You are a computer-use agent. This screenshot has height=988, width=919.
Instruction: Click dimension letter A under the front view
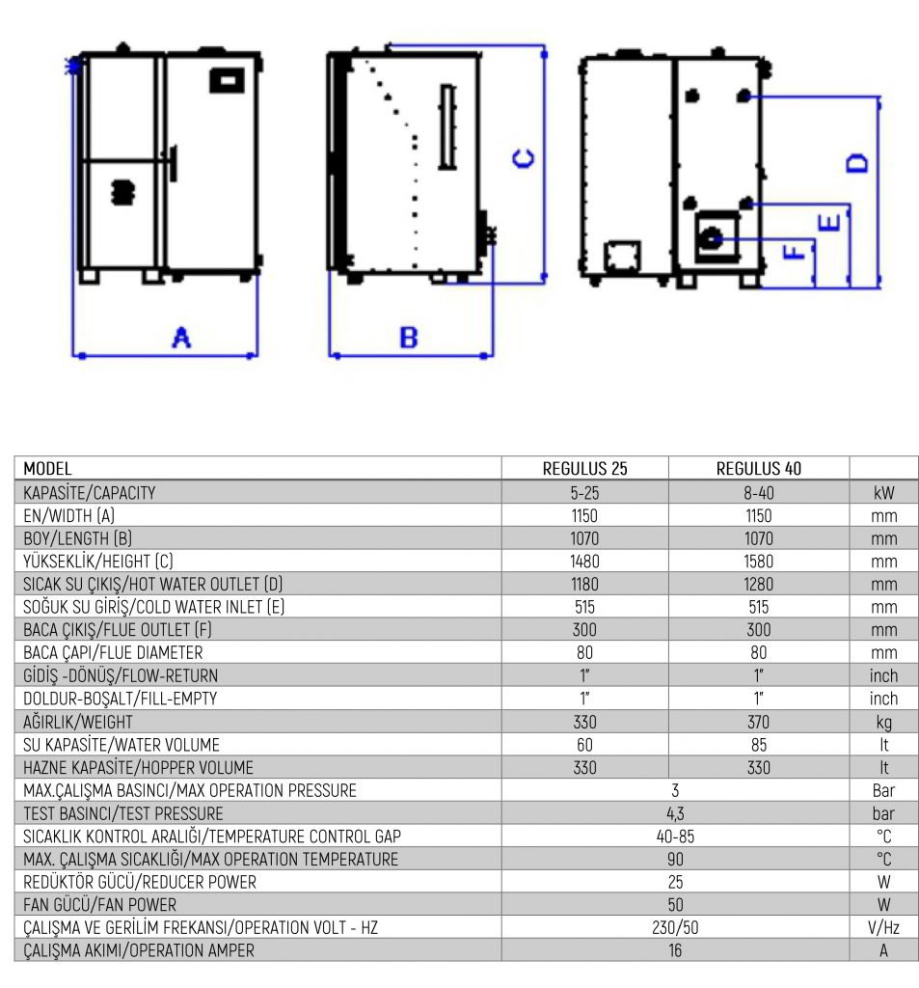181,338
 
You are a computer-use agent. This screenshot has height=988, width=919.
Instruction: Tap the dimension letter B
408,338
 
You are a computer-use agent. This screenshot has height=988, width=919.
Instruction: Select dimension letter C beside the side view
524,158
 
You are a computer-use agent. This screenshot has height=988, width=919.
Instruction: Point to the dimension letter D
856,163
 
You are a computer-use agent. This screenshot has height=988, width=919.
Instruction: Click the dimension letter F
794,253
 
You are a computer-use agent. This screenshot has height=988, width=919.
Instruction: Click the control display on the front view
226,80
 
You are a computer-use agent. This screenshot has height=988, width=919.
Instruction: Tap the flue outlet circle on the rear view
711,237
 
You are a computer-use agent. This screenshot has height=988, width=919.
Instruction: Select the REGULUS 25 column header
584,469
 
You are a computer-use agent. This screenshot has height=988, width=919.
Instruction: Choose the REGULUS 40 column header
758,469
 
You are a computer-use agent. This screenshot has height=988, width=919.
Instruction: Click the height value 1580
758,562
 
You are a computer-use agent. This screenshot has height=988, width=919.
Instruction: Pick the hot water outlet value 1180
584,584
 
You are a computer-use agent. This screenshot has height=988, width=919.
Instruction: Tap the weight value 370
758,722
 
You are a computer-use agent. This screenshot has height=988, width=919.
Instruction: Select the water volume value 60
584,745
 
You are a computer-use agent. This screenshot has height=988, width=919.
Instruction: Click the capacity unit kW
883,493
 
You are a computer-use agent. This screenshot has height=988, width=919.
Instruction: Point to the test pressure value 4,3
675,813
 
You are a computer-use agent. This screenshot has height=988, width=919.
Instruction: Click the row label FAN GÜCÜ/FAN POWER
99,905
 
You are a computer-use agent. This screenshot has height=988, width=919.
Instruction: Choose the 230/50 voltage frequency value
675,927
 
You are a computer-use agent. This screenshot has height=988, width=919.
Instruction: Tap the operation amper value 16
675,950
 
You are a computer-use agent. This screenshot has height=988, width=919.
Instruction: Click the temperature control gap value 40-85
675,837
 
